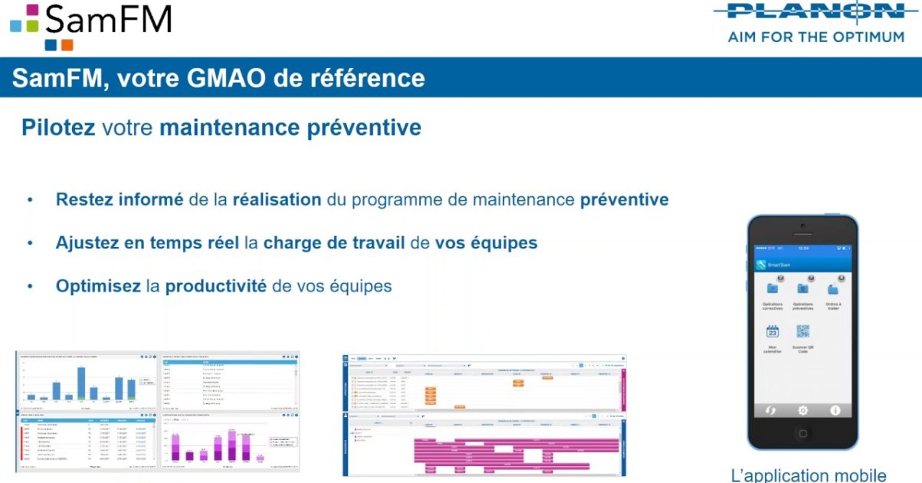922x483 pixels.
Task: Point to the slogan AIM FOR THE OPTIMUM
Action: coord(815,37)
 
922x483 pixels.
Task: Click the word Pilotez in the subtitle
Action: coord(58,127)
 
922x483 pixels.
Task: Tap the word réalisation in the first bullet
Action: coord(277,199)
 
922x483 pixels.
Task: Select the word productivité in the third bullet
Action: coord(216,286)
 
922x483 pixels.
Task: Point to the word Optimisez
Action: coord(98,286)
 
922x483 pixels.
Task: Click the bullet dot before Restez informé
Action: coord(30,199)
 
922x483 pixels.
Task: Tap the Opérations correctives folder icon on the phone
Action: coord(773,288)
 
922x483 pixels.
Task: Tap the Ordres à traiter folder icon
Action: coord(833,288)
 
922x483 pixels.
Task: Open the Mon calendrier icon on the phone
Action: coord(773,332)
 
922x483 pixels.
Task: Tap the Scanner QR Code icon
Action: coord(802,332)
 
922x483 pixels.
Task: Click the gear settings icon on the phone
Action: coord(802,410)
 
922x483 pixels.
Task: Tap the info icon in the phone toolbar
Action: coord(835,410)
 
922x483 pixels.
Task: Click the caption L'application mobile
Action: coord(809,475)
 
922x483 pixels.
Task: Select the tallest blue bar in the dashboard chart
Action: coord(80,383)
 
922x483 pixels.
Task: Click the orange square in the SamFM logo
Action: coord(67,44)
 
